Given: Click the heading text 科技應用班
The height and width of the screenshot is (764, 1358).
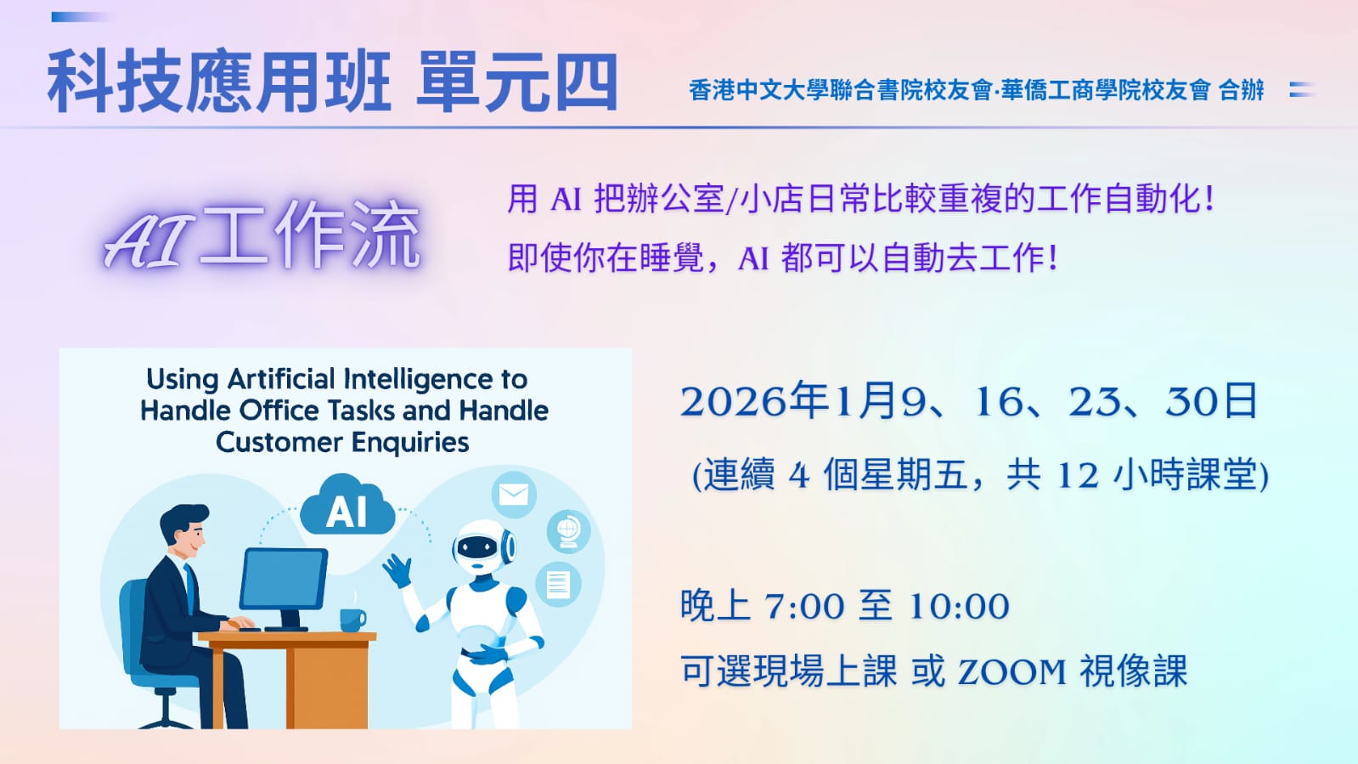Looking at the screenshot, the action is point(219,82).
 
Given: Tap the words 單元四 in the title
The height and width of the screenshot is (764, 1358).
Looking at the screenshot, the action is point(517,82).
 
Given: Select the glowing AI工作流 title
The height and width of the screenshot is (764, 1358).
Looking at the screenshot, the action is point(262,235).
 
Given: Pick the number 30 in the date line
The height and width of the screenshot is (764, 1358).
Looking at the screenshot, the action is point(1187,402).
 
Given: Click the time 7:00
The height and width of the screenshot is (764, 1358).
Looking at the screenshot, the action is point(804,606).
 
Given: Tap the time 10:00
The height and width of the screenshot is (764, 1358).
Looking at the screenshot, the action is point(959,606).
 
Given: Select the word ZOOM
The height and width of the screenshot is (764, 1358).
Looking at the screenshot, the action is point(1011,671).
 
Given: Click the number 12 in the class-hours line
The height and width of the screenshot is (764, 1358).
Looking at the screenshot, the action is point(1077,475).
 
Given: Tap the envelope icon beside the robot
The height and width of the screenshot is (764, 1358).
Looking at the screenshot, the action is point(514,494).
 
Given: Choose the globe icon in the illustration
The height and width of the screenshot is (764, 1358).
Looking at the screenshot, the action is point(568,531).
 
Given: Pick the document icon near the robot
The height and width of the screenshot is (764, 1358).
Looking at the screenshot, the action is point(558,585).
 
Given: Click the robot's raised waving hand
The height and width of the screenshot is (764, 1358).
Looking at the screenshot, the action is point(397,570).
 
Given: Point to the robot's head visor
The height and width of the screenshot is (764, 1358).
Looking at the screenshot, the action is point(477,547).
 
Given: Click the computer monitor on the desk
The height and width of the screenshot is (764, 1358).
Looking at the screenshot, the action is point(284,579).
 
